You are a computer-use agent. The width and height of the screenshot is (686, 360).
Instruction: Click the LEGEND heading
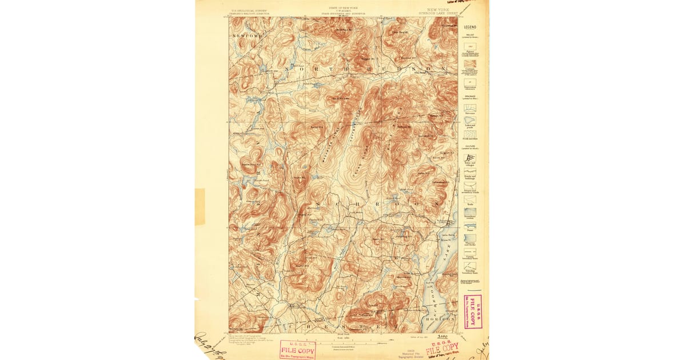[x=469, y=27]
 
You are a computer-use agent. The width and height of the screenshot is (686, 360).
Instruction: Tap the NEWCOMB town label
[x=247, y=36]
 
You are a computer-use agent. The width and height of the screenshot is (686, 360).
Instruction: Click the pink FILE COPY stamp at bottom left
[x=297, y=349]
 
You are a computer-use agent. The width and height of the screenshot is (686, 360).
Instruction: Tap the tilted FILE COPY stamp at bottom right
[x=442, y=347]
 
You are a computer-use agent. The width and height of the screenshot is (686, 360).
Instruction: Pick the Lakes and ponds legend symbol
[x=469, y=121]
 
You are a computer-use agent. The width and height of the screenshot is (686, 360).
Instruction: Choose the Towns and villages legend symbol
[x=469, y=158]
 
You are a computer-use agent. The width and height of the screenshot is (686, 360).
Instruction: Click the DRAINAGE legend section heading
[x=469, y=96]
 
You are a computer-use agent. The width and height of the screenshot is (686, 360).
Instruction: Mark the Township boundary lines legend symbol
[x=469, y=266]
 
